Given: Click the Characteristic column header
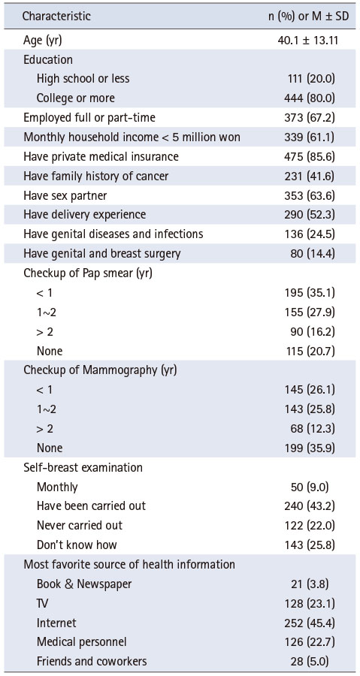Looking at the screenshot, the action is [x=56, y=17].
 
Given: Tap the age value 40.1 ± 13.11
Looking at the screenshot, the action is [x=307, y=41].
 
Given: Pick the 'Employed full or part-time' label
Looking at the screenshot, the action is [x=89, y=117].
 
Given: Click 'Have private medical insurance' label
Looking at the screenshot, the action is [x=101, y=156].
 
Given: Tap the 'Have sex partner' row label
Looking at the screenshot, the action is [x=65, y=195].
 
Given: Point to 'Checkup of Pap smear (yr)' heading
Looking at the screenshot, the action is [x=87, y=273].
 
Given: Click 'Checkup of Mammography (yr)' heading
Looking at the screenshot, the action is [x=100, y=370].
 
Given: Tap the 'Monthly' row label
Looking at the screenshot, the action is [x=57, y=487].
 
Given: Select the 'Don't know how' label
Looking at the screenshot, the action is [x=77, y=545].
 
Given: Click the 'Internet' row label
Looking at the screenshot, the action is [x=56, y=623].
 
